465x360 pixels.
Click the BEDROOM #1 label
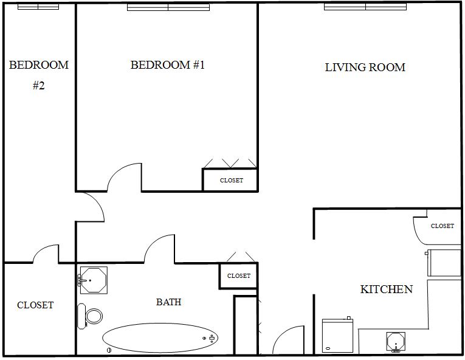point(168,65)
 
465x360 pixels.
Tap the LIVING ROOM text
point(365,67)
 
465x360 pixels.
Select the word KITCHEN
point(387,289)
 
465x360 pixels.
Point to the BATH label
point(168,302)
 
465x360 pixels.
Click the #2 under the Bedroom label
point(38,86)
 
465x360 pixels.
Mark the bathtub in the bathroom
point(160,337)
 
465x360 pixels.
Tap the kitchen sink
point(396,342)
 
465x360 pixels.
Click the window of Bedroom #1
point(168,7)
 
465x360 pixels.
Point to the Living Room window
point(365,7)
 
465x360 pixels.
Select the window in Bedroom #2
point(38,7)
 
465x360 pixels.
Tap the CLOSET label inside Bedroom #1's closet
point(231,181)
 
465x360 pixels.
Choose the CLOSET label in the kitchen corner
point(442,226)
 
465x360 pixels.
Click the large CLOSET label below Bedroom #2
point(35,305)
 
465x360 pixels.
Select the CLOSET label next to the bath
point(238,276)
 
